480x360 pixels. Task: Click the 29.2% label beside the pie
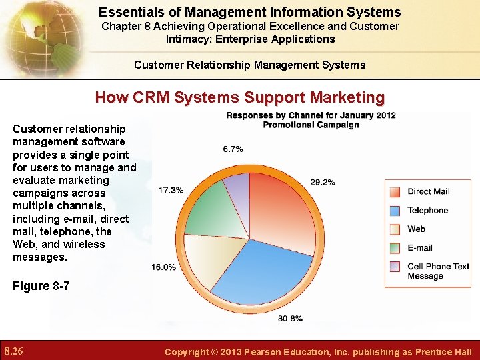[322, 182]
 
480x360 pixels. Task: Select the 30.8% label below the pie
[290, 319]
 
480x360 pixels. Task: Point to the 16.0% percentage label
[164, 267]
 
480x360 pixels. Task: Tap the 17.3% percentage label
[171, 190]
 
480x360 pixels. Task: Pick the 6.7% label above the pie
[233, 149]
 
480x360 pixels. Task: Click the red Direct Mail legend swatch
[395, 191]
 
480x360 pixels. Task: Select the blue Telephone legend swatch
[395, 211]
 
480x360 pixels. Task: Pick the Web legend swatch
[395, 229]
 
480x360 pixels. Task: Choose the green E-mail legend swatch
[395, 248]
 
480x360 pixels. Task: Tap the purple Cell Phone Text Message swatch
[395, 267]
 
